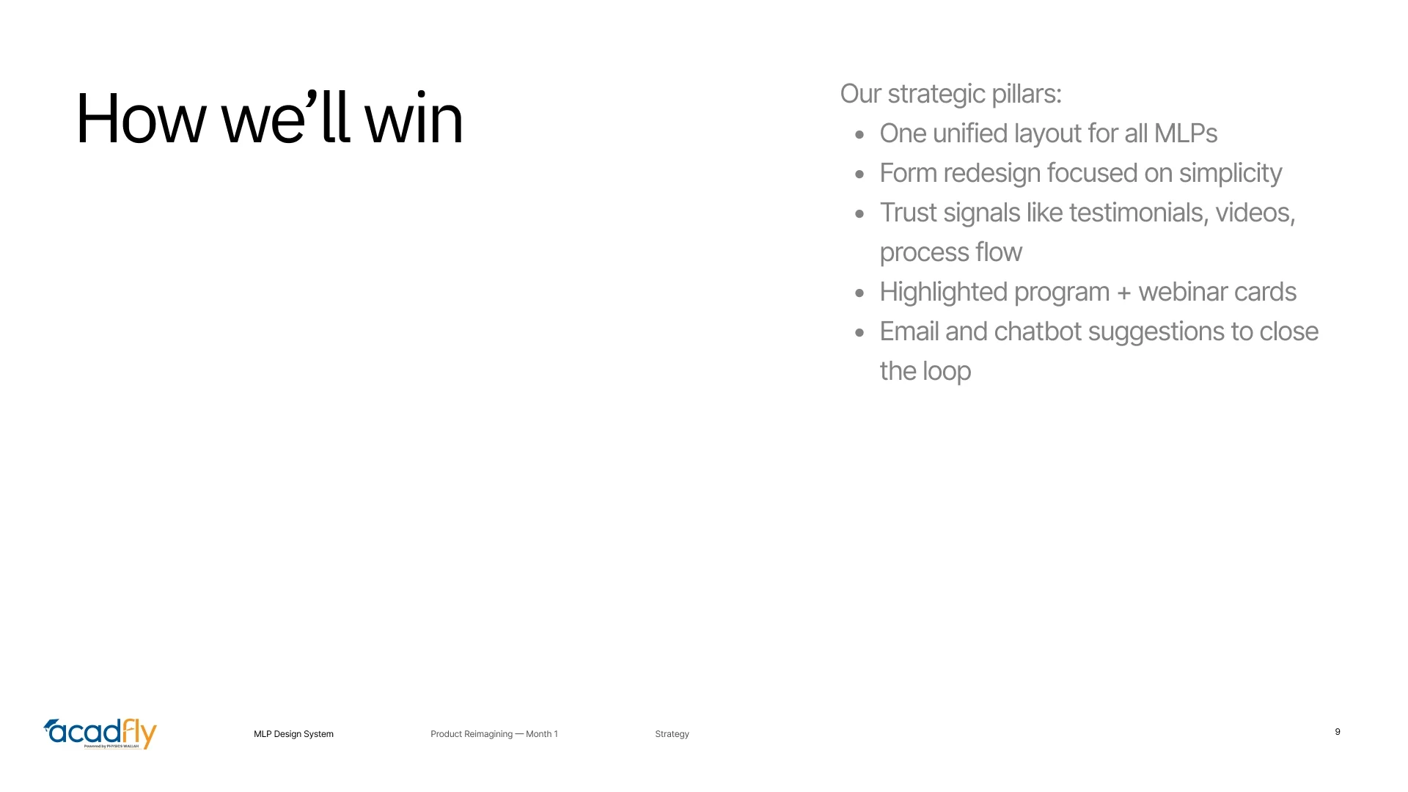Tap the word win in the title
pyautogui.click(x=414, y=119)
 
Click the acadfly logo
pyautogui.click(x=100, y=733)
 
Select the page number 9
pyautogui.click(x=1338, y=732)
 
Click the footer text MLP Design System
pyautogui.click(x=293, y=734)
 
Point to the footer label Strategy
pyautogui.click(x=672, y=734)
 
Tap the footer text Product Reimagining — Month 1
pyautogui.click(x=494, y=734)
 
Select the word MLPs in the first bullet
pyautogui.click(x=1185, y=133)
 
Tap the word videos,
pyautogui.click(x=1255, y=213)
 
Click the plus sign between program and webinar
pyautogui.click(x=1123, y=293)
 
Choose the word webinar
pyautogui.click(x=1182, y=292)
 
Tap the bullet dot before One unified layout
pyautogui.click(x=859, y=135)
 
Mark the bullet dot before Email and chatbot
pyautogui.click(x=859, y=333)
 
